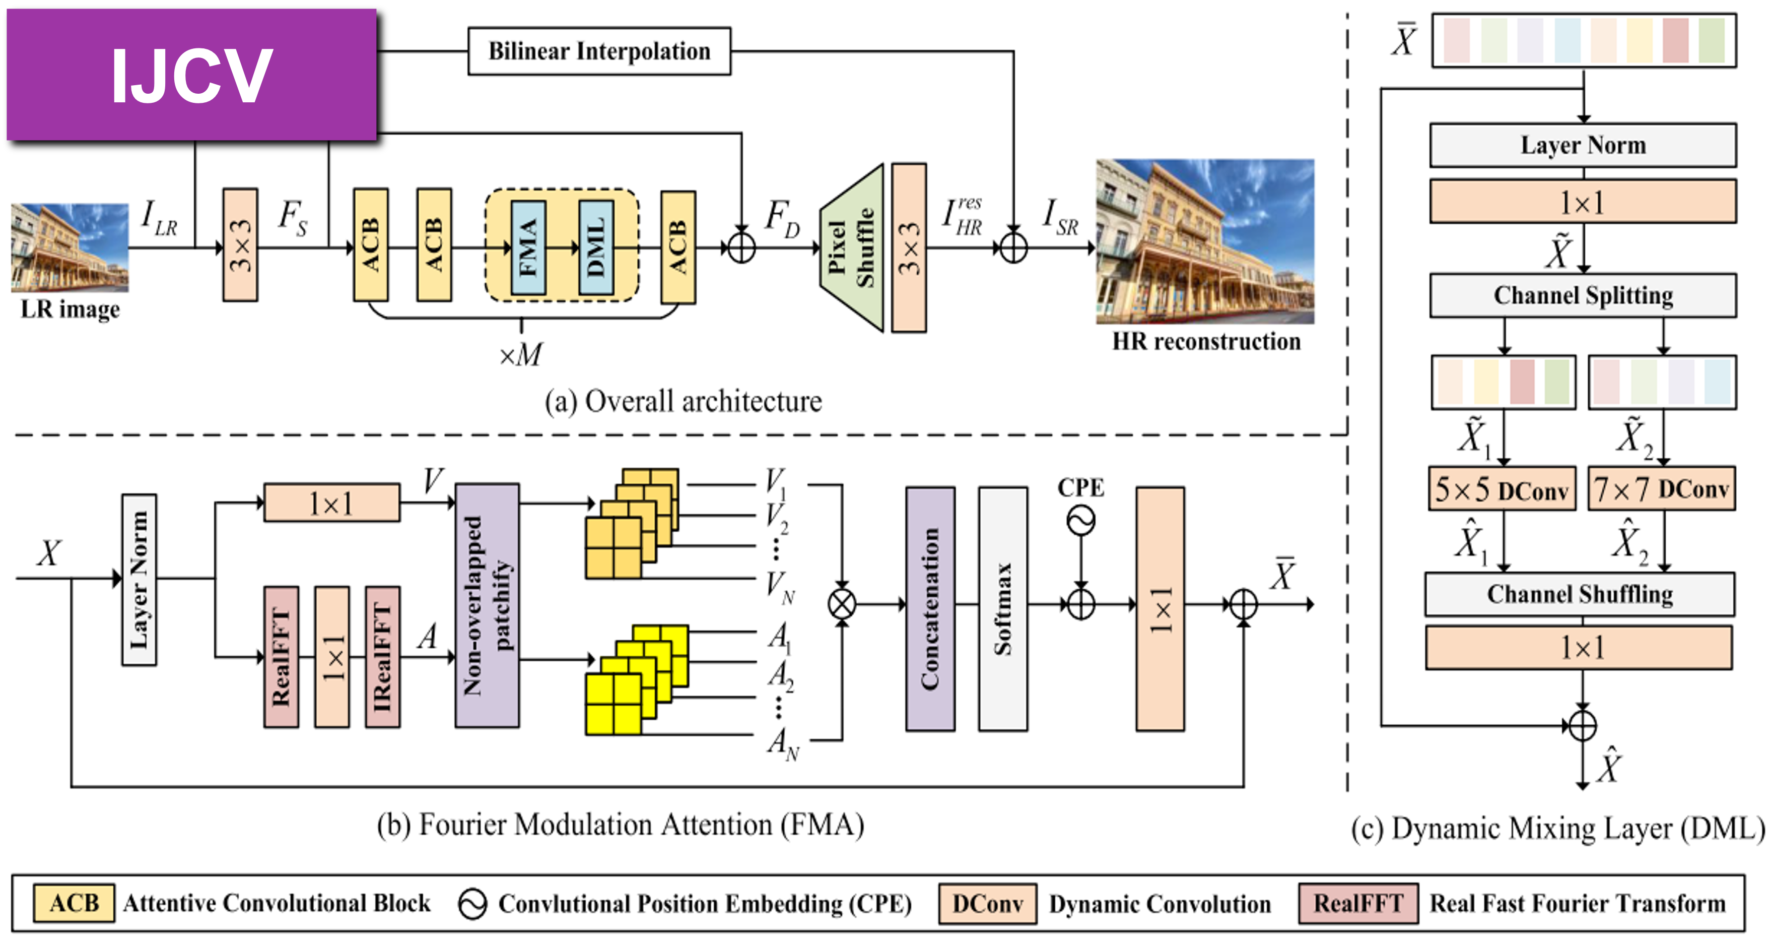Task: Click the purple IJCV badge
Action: pyautogui.click(x=191, y=75)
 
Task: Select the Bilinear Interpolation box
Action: pyautogui.click(x=599, y=51)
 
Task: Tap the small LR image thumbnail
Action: pyautogui.click(x=70, y=246)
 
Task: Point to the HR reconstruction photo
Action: pyautogui.click(x=1204, y=241)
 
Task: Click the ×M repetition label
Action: pyautogui.click(x=520, y=355)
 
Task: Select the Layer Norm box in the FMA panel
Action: pyautogui.click(x=139, y=579)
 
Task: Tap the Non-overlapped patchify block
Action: pyautogui.click(x=487, y=605)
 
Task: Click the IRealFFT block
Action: pyautogui.click(x=383, y=656)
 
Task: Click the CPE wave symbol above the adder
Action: pyautogui.click(x=1080, y=521)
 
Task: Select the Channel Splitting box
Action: pyautogui.click(x=1582, y=295)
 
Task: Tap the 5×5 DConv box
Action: pyautogui.click(x=1502, y=489)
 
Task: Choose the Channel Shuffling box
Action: pyautogui.click(x=1580, y=594)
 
